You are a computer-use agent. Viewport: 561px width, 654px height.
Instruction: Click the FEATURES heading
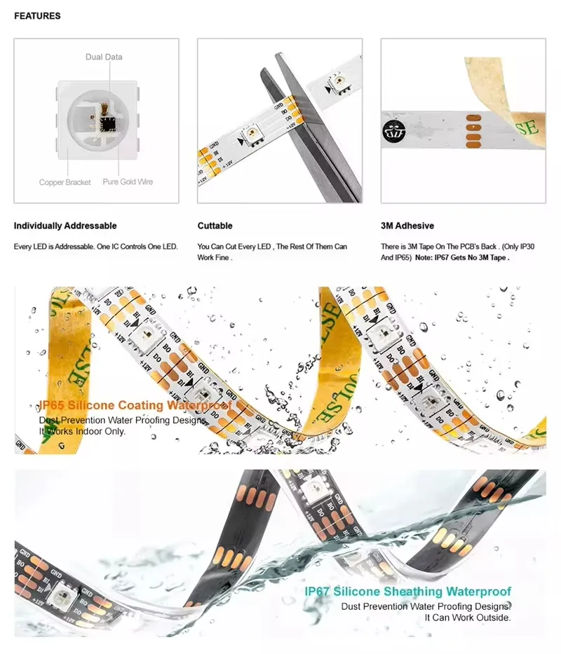(37, 15)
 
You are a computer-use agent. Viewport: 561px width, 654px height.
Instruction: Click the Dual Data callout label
(104, 57)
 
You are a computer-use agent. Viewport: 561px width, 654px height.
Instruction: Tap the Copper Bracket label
(65, 182)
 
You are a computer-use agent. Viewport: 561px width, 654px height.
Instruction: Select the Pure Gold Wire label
(128, 182)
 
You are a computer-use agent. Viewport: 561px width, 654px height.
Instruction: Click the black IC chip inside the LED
(108, 124)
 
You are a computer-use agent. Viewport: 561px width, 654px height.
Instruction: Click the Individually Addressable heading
(65, 226)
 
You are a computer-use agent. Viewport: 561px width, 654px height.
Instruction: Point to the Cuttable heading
(215, 226)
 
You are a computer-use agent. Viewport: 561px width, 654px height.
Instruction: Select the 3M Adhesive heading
(407, 226)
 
